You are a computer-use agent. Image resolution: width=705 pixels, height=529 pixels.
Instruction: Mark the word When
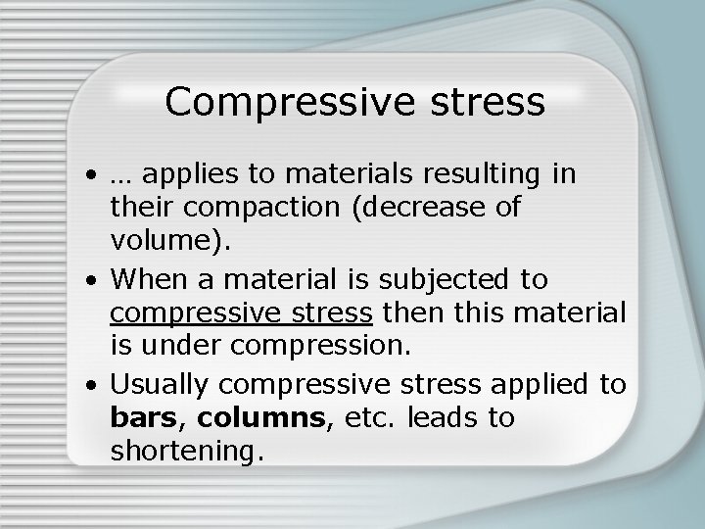(x=146, y=281)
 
